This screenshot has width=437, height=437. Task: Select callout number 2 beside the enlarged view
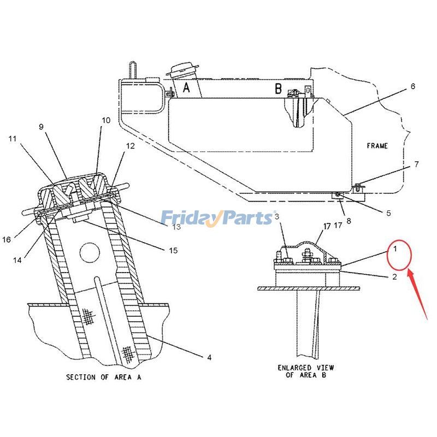click(394, 277)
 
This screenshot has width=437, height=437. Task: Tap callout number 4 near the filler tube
click(209, 358)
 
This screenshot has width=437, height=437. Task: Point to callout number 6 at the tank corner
click(413, 86)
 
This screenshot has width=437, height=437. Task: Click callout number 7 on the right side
click(416, 164)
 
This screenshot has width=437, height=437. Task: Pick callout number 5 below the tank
click(388, 214)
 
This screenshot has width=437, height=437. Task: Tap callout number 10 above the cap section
click(105, 120)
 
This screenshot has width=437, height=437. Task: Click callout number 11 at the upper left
click(12, 139)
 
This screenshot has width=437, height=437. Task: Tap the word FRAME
click(377, 146)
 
